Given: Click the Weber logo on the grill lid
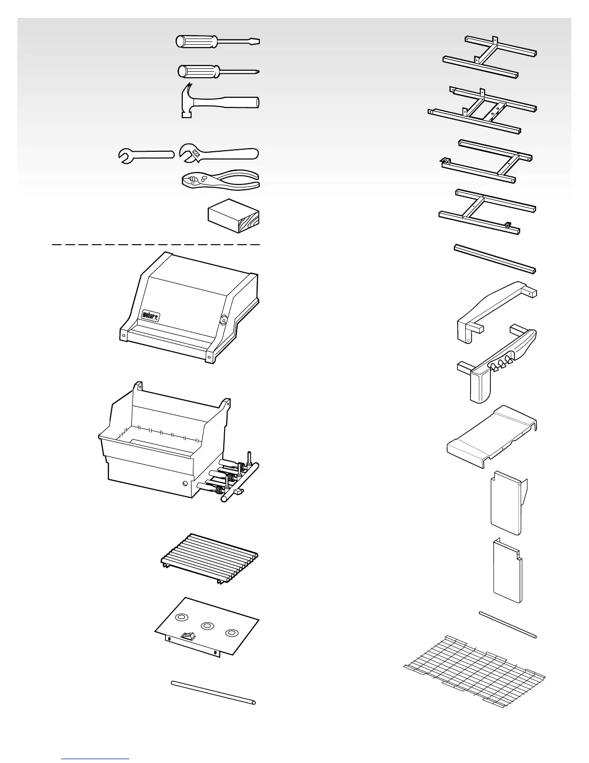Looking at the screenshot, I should coord(151,316).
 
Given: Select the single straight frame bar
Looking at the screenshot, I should coord(495,259).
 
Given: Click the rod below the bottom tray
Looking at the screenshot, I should coord(213,692).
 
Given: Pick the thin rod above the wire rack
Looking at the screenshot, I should coord(508,624).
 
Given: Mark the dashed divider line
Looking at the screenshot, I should coord(156,245).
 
